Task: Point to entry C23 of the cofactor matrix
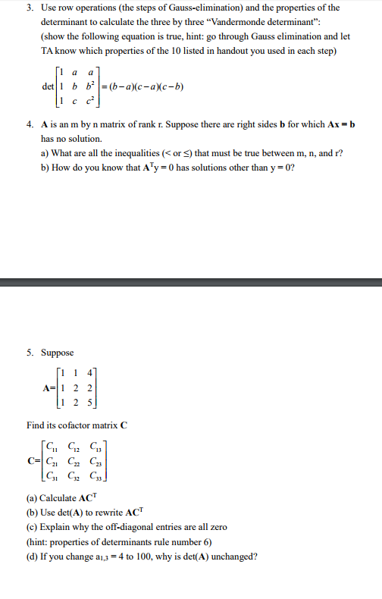point(94,459)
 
